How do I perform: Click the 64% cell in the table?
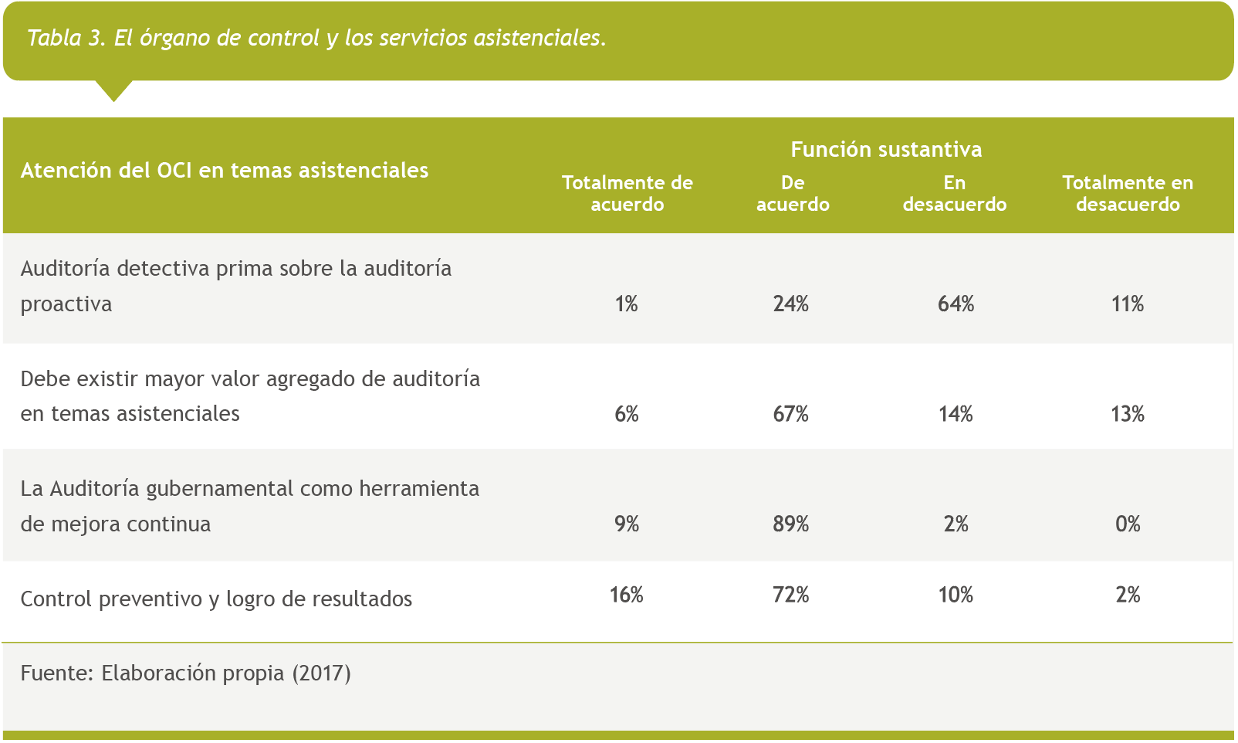[956, 304]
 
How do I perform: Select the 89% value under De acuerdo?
[791, 524]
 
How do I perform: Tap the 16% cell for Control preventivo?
[626, 595]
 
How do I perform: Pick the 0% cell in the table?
[1128, 524]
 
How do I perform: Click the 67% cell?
[791, 415]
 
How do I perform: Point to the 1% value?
[626, 304]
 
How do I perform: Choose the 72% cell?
[791, 595]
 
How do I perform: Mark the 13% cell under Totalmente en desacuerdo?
[1128, 415]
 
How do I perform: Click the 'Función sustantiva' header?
[886, 149]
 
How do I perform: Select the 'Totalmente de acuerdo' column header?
[627, 193]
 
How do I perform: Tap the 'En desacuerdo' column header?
[955, 193]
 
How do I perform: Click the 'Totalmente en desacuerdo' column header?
[1128, 193]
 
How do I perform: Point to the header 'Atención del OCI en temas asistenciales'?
[225, 170]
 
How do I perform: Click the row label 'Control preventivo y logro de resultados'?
[216, 599]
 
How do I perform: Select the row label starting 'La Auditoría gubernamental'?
[249, 506]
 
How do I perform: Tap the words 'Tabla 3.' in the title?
[66, 38]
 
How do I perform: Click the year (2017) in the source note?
[321, 673]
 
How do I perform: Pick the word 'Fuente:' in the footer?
[56, 673]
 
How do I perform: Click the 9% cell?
[626, 524]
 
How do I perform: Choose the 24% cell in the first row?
[791, 304]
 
